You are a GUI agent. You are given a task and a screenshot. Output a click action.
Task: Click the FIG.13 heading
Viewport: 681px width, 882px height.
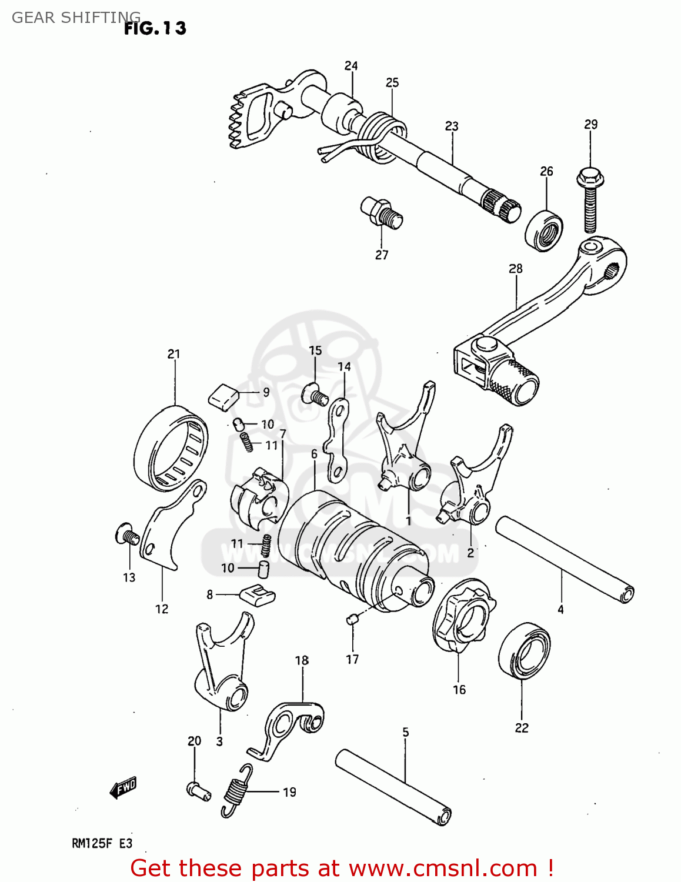tap(155, 28)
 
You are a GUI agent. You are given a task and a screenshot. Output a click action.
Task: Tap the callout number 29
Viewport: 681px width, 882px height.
tap(590, 124)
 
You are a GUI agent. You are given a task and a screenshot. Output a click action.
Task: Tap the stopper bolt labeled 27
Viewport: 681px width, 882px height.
tap(382, 212)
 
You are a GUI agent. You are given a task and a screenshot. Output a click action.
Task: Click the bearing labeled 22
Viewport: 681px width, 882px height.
tap(524, 650)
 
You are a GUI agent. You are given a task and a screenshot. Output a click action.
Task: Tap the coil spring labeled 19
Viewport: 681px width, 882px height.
tap(236, 791)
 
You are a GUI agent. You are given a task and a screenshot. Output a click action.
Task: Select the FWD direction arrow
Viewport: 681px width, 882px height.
tap(123, 788)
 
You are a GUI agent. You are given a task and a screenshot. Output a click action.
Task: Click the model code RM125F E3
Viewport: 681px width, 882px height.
tap(102, 843)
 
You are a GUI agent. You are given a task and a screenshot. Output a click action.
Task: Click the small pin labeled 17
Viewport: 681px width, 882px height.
tap(352, 618)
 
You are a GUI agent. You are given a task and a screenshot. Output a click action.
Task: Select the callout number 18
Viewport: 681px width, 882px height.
tap(302, 660)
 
